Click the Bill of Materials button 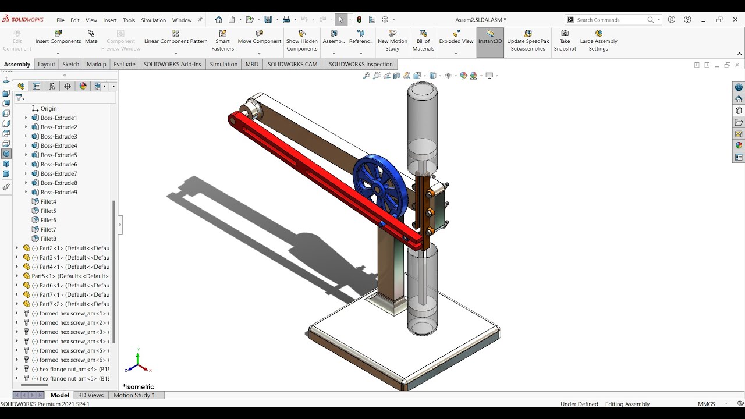(423, 41)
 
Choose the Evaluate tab (124, 64)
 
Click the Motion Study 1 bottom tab (134, 395)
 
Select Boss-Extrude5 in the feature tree (58, 155)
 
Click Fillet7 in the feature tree (48, 229)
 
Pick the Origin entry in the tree (48, 108)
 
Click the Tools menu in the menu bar (129, 20)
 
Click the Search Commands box (611, 20)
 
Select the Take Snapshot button (565, 41)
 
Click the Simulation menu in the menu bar (153, 20)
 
